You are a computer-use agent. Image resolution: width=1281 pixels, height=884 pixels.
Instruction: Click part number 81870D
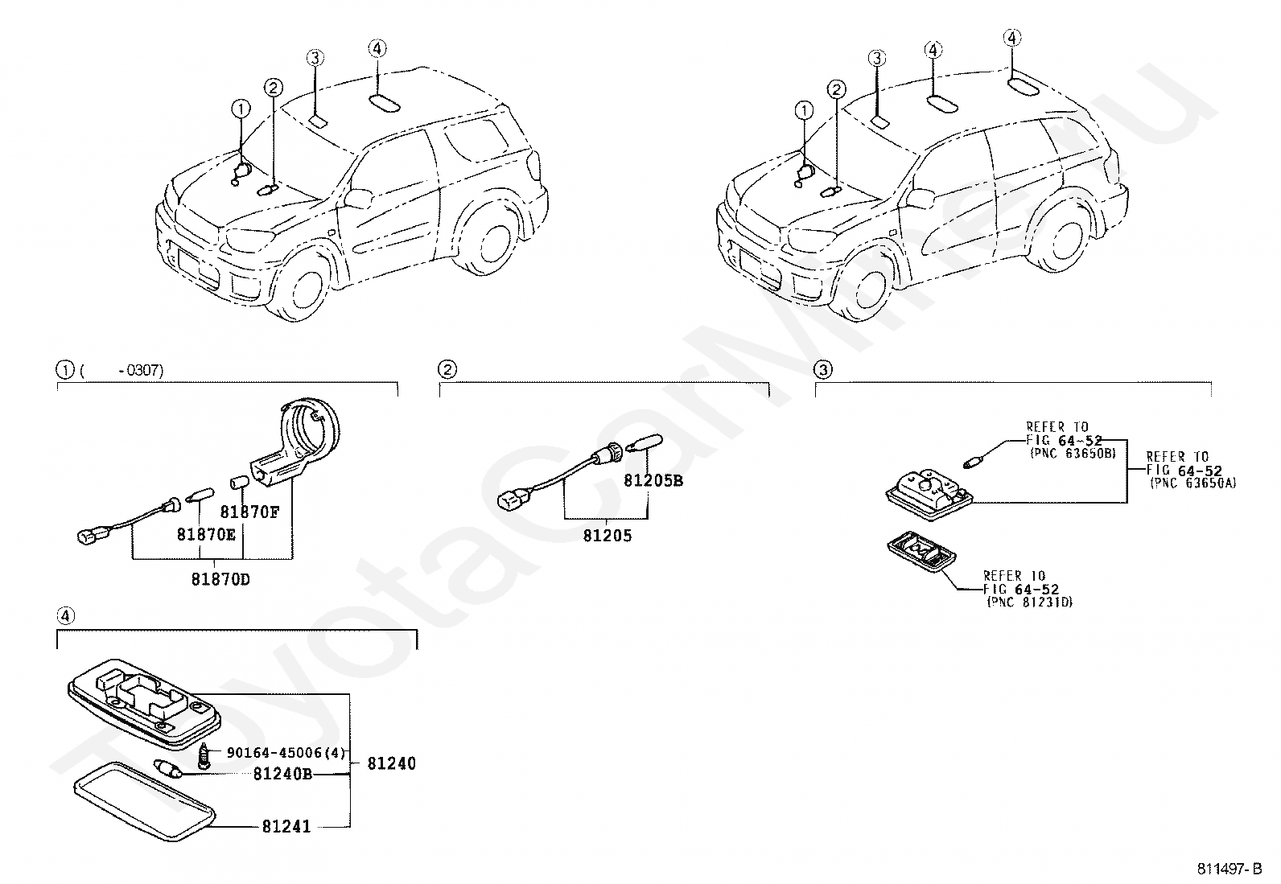coord(220,578)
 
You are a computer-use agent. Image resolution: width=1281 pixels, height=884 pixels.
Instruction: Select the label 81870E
coord(207,532)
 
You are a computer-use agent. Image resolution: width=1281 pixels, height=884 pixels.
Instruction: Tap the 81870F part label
coord(249,512)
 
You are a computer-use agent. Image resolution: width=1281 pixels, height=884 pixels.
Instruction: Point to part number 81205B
coord(653,481)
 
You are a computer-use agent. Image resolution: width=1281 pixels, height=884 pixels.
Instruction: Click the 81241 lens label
coord(286,826)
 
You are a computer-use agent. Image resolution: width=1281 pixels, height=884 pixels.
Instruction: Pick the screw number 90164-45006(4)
coord(286,753)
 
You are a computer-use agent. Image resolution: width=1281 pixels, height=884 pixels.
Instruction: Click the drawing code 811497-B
coord(1231,870)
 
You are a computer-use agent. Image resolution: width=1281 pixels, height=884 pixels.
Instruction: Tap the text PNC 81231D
coord(1030,602)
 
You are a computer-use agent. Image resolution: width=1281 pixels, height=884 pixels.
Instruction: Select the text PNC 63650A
coord(1193,483)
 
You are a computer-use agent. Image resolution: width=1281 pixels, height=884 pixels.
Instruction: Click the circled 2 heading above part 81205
coord(447,370)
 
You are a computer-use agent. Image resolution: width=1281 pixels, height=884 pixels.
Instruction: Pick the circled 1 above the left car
coord(241,109)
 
